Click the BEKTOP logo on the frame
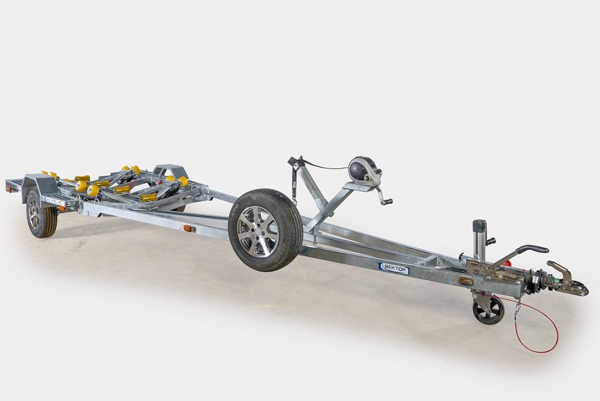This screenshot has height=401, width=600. (x=394, y=268)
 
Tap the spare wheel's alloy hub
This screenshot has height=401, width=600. (x=258, y=231)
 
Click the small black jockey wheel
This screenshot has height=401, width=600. (x=489, y=311)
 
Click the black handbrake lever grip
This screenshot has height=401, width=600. (x=533, y=249)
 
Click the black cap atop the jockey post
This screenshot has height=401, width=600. (x=479, y=225)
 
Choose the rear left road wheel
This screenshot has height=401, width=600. (x=41, y=214)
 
